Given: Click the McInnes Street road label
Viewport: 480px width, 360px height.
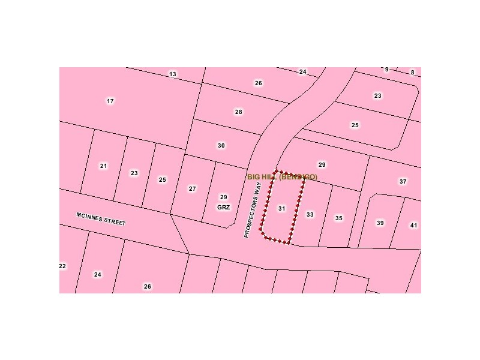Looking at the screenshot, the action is [101, 218].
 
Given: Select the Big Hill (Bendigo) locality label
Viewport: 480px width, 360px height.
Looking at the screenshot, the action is [282, 177].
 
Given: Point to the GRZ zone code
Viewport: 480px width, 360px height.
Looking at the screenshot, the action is [223, 207].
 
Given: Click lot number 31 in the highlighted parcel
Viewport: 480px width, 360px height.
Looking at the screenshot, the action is [281, 209].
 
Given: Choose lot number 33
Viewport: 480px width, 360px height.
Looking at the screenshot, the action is [310, 214].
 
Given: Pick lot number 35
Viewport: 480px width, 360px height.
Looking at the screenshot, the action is [339, 218].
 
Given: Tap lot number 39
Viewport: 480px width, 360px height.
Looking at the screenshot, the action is [380, 223].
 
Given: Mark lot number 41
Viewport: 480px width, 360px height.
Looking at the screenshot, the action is [413, 226].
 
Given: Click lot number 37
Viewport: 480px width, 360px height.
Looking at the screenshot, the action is [403, 181].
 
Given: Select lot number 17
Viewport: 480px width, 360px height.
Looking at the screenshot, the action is [110, 101].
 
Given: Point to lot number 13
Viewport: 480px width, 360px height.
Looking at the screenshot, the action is [173, 74].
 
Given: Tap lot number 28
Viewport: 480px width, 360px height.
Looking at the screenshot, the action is [239, 112].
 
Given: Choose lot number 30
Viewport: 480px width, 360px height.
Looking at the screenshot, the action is [221, 146].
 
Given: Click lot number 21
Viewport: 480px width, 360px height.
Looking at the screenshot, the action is [104, 166].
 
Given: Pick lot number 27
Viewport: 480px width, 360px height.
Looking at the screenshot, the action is [192, 189].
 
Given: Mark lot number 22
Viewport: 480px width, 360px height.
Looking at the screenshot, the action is [62, 266].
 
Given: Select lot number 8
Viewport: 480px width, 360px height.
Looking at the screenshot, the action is [412, 73].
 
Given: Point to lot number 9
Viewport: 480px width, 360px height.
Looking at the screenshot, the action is [386, 70].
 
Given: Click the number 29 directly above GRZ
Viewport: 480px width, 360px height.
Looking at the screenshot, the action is [223, 197].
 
